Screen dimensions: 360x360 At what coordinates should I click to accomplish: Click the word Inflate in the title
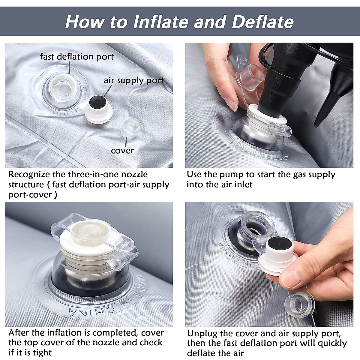pyautogui.click(x=161, y=22)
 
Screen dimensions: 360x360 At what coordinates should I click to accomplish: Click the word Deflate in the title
pyautogui.click(x=263, y=22)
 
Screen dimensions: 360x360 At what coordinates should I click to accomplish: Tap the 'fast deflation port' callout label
pyautogui.click(x=77, y=56)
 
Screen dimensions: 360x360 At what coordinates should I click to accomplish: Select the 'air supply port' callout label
pyautogui.click(x=134, y=80)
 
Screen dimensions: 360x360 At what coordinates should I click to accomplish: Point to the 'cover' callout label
pyautogui.click(x=122, y=150)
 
